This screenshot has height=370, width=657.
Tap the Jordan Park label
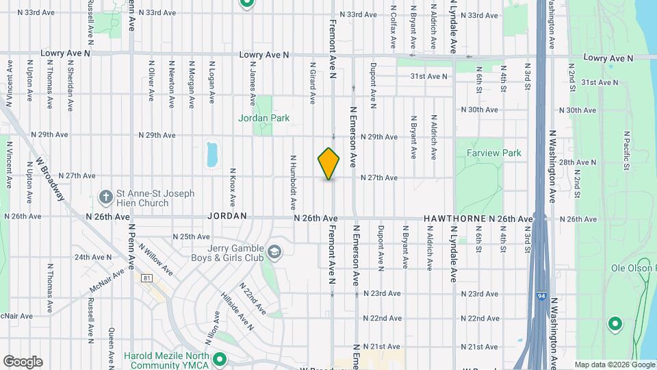(263, 118)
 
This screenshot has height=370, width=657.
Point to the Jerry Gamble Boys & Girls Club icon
(274, 253)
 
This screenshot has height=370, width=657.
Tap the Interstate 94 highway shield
(541, 296)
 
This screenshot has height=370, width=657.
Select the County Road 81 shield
(147, 277)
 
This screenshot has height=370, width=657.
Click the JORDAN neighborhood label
(227, 216)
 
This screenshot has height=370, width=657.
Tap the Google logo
(23, 362)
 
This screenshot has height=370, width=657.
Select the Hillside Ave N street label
(237, 312)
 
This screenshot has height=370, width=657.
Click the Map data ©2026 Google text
(614, 365)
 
